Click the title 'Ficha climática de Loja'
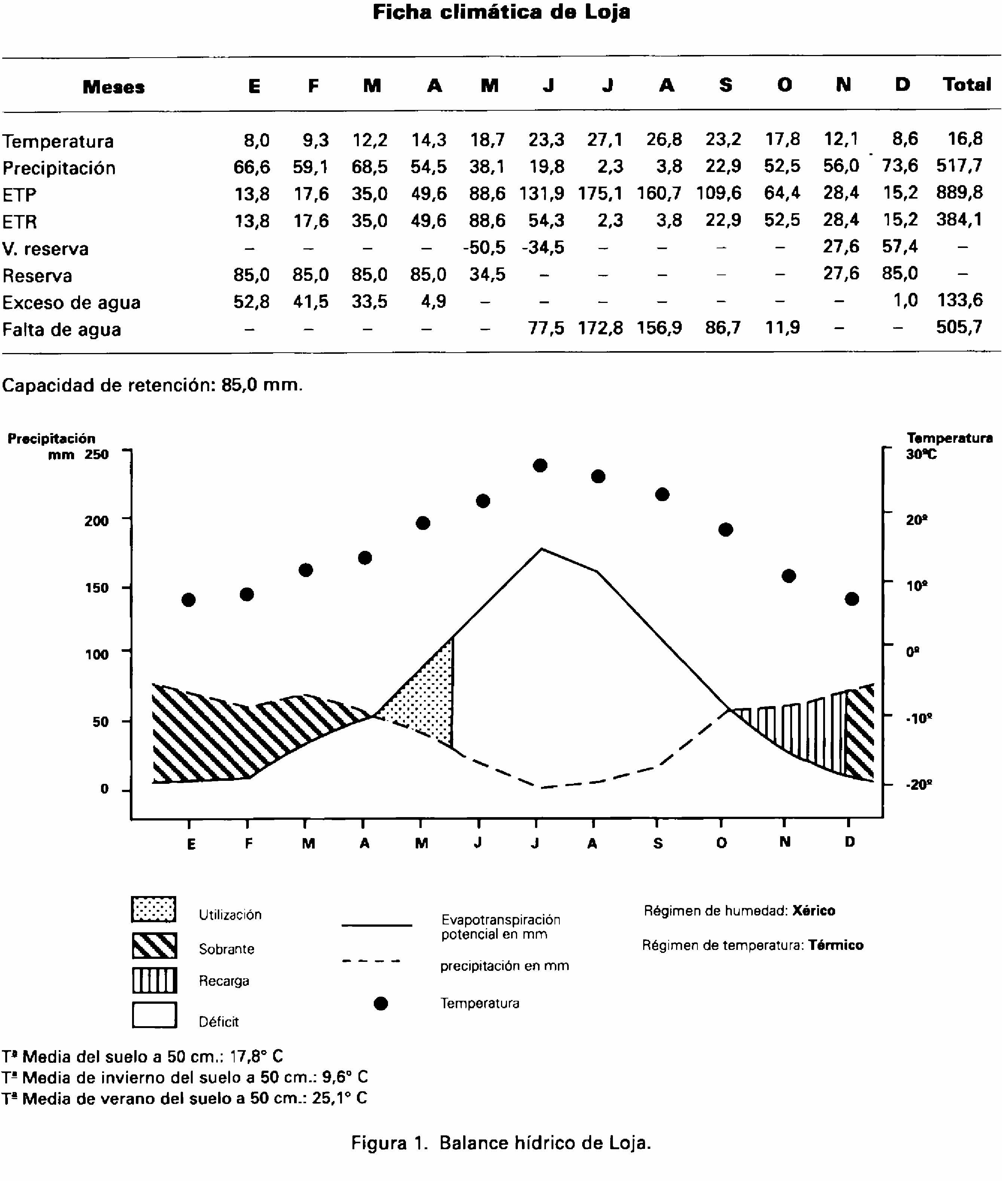[x=501, y=12]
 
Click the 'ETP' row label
[x=19, y=195]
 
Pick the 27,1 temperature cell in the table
[x=605, y=139]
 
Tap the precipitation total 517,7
[x=959, y=166]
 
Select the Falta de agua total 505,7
[x=959, y=328]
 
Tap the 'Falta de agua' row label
[x=61, y=329]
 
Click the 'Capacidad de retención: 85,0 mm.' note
[x=152, y=386]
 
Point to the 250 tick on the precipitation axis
[x=96, y=454]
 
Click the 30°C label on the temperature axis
[x=921, y=454]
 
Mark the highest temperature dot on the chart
[x=540, y=466]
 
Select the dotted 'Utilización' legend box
[x=153, y=909]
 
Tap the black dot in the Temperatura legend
[x=381, y=1004]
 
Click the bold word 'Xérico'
[x=813, y=911]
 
